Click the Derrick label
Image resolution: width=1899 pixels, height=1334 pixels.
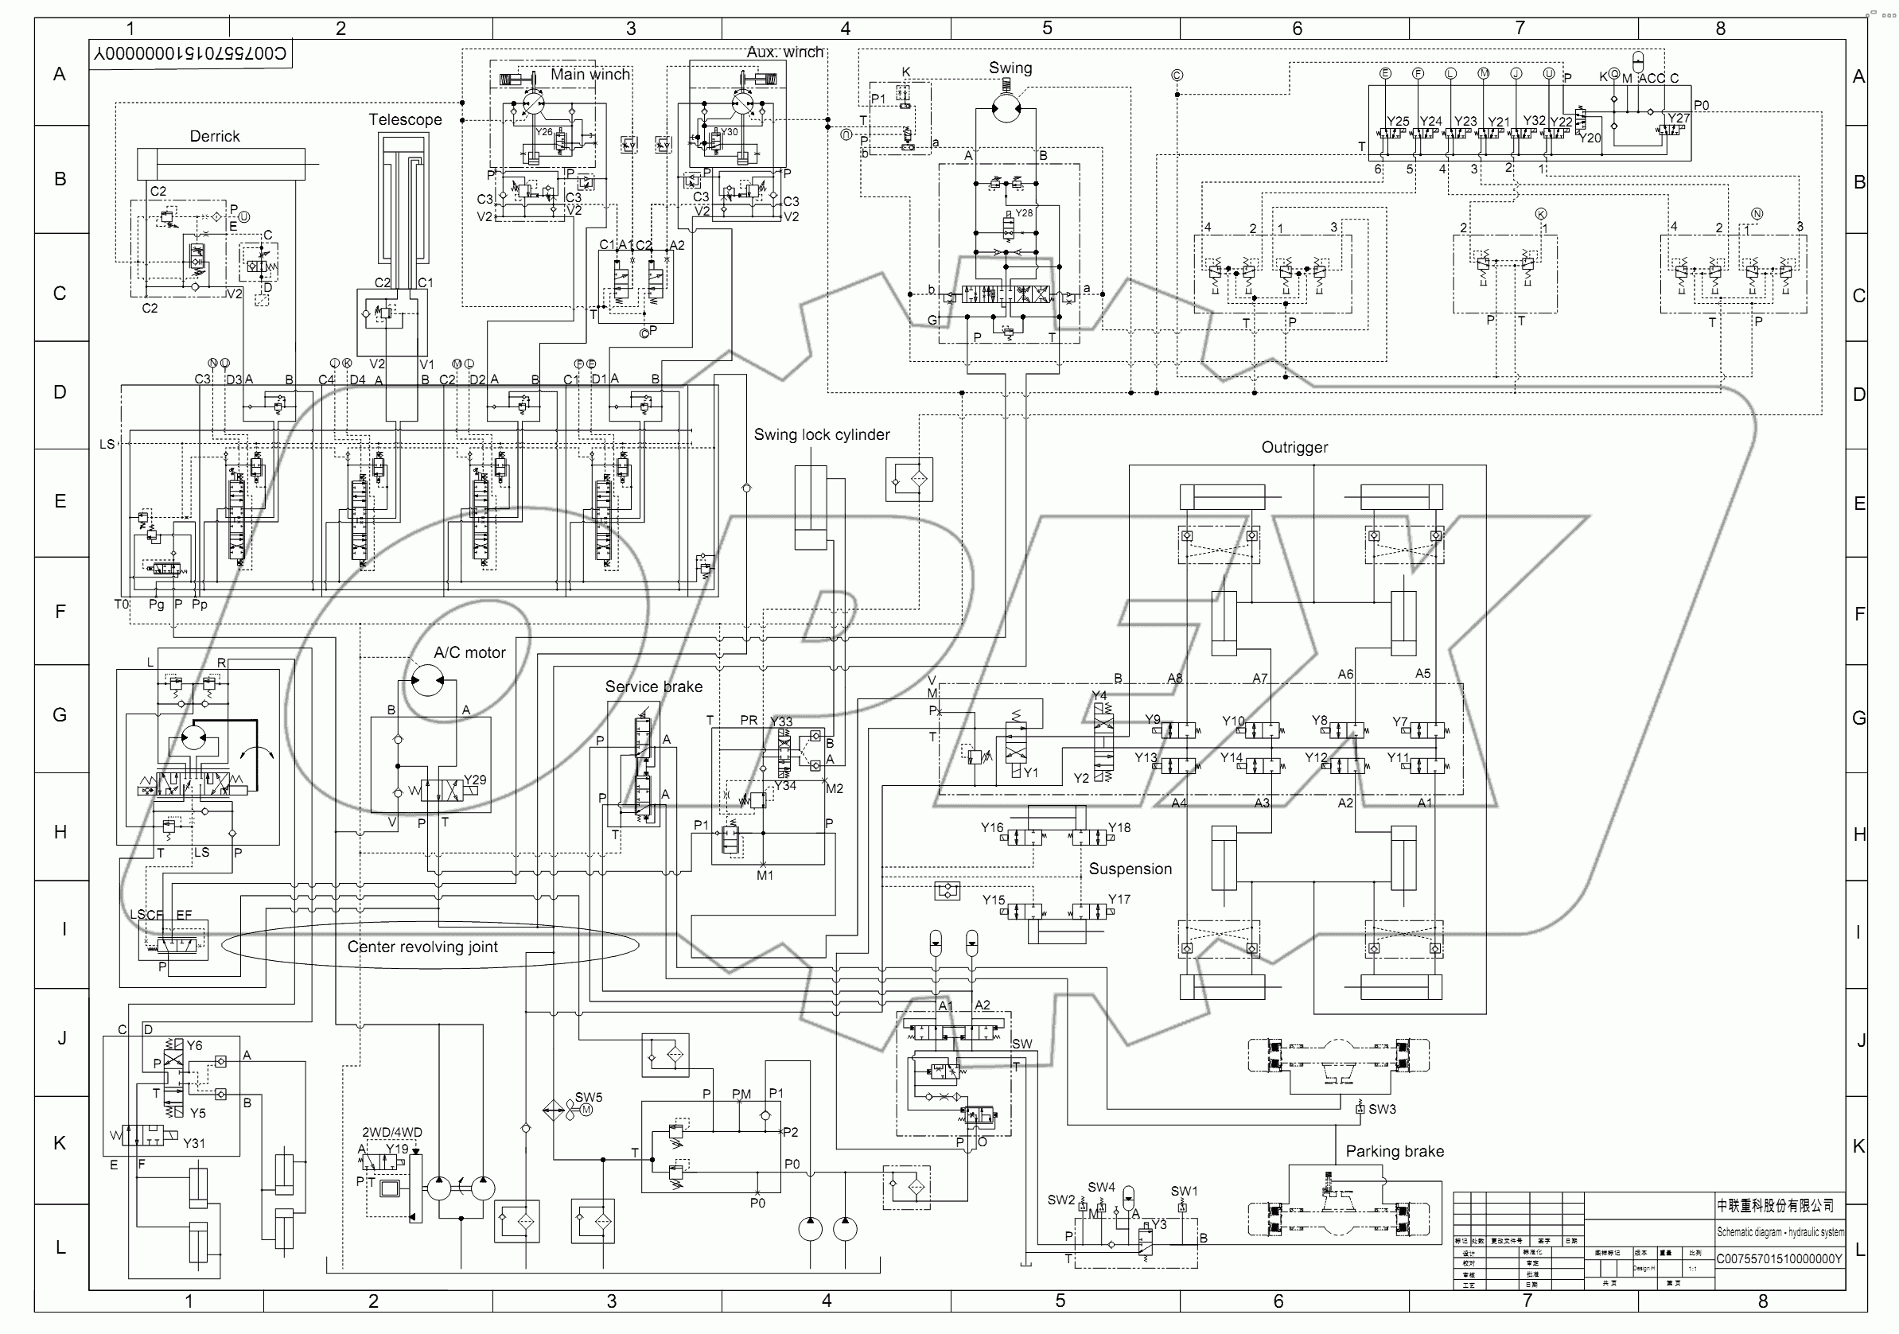[214, 137]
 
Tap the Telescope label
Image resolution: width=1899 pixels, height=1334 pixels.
[405, 120]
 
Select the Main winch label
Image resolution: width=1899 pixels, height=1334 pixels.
[590, 75]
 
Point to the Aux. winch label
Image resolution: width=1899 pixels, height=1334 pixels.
[785, 52]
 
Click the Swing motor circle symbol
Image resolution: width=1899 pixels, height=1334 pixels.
[1005, 108]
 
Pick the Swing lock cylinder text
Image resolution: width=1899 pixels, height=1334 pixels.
[821, 435]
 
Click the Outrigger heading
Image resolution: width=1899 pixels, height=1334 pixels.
[1294, 447]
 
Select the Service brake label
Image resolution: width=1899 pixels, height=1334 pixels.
[653, 687]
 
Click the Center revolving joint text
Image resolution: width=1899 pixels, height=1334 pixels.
[422, 947]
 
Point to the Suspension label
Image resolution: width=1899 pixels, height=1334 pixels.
[1130, 869]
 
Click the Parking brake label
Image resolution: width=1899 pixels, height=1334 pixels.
[1395, 1151]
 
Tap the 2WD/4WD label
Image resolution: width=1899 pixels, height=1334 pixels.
[392, 1133]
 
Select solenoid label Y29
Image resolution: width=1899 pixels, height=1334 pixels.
[475, 780]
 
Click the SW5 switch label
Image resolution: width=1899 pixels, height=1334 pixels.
[589, 1098]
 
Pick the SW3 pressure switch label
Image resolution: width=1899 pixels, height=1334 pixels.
[1382, 1109]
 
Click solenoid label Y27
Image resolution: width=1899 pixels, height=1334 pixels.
[1678, 119]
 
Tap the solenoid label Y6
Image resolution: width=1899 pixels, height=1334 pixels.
[194, 1045]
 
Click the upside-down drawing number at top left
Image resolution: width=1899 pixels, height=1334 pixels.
[190, 55]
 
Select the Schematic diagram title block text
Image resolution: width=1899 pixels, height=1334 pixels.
[1780, 1232]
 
